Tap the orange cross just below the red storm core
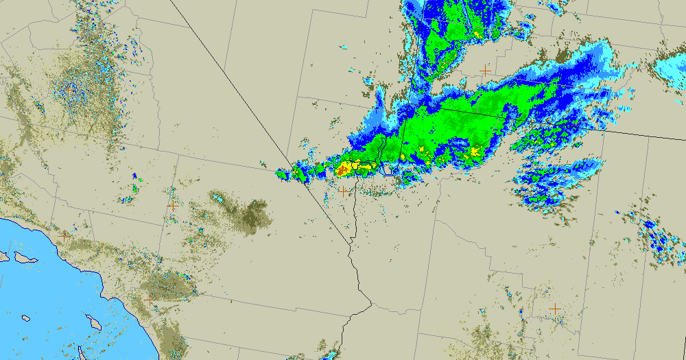click(x=343, y=191)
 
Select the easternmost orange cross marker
click(x=554, y=309)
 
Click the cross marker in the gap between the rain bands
click(x=486, y=71)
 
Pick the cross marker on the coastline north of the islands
click(x=64, y=235)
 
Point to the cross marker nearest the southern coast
click(x=150, y=300)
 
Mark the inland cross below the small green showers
click(x=173, y=205)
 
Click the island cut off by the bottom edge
click(x=82, y=354)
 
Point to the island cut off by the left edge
click(x=3, y=256)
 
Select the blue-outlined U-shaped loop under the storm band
click(x=388, y=170)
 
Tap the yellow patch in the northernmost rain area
click(x=476, y=32)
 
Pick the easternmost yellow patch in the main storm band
click(x=475, y=152)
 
